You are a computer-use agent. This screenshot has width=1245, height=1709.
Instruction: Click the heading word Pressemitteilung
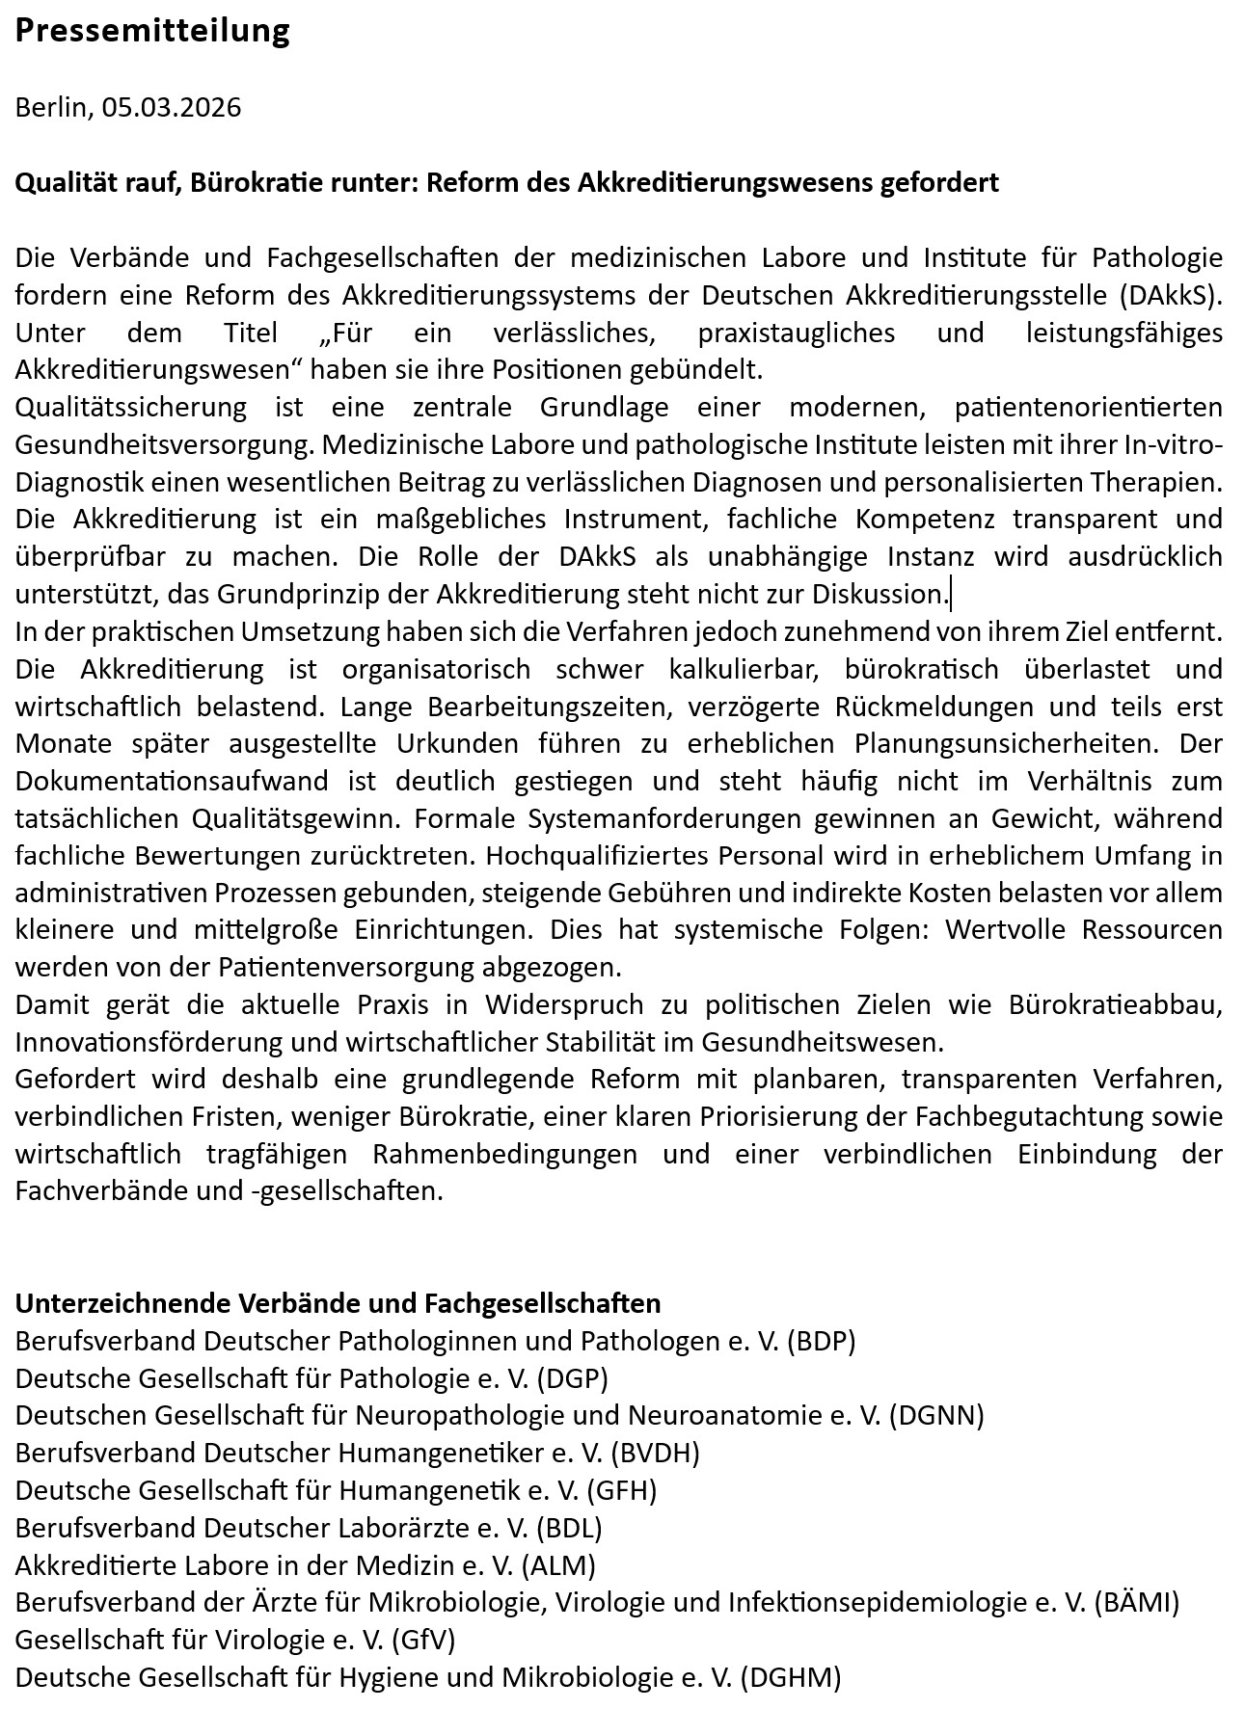[x=152, y=31]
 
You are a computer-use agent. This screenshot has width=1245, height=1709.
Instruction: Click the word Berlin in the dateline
[x=51, y=106]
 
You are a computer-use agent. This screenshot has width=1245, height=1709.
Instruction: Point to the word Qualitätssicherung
[x=130, y=407]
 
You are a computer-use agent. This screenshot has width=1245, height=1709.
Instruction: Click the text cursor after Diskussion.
[x=951, y=594]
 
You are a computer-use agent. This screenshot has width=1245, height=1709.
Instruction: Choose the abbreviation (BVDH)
[x=655, y=1453]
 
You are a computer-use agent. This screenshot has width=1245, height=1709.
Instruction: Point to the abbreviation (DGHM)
[x=791, y=1677]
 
